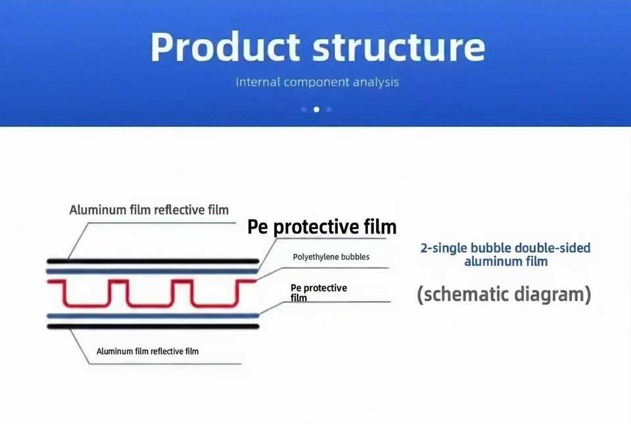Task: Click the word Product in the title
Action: pyautogui.click(x=225, y=47)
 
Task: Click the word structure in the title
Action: pyautogui.click(x=399, y=48)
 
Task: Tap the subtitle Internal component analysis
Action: pyautogui.click(x=317, y=82)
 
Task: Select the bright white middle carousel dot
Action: pyautogui.click(x=317, y=109)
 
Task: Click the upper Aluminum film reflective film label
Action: pyautogui.click(x=149, y=210)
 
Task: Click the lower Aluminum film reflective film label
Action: pyautogui.click(x=147, y=352)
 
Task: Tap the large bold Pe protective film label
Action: pyautogui.click(x=321, y=227)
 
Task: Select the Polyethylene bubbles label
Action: pyautogui.click(x=331, y=257)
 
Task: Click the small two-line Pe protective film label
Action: pyautogui.click(x=319, y=292)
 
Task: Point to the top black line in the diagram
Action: pyautogui.click(x=153, y=261)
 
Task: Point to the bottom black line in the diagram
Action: pyautogui.click(x=153, y=327)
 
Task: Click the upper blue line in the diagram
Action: pyautogui.click(x=152, y=271)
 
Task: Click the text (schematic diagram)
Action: pyautogui.click(x=504, y=294)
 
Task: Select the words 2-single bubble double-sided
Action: pyautogui.click(x=505, y=248)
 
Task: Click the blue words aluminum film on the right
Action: pyautogui.click(x=506, y=261)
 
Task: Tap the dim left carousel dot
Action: pyautogui.click(x=304, y=109)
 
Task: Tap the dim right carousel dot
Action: pyautogui.click(x=329, y=109)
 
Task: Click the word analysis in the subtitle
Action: pyautogui.click(x=375, y=82)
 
